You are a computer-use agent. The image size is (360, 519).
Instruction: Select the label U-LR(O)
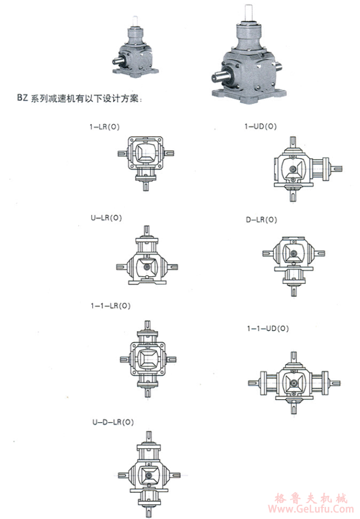[x=106, y=217]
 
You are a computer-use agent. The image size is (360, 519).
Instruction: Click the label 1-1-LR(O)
[x=111, y=305]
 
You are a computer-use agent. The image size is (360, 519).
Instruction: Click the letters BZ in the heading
[x=22, y=100]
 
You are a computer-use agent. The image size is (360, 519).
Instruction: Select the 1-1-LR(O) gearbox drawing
[x=146, y=358]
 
